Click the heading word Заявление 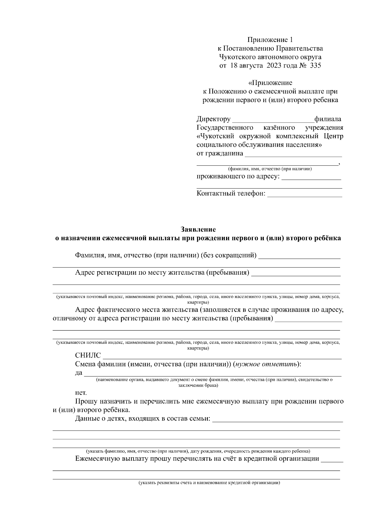click(198, 229)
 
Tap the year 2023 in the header click(273, 66)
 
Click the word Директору click(213, 119)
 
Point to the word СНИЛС click(88, 356)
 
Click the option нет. click(81, 393)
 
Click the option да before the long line click(79, 373)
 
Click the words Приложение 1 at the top click(270, 40)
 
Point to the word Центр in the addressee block click(333, 136)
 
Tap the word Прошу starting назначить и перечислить click(85, 401)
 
